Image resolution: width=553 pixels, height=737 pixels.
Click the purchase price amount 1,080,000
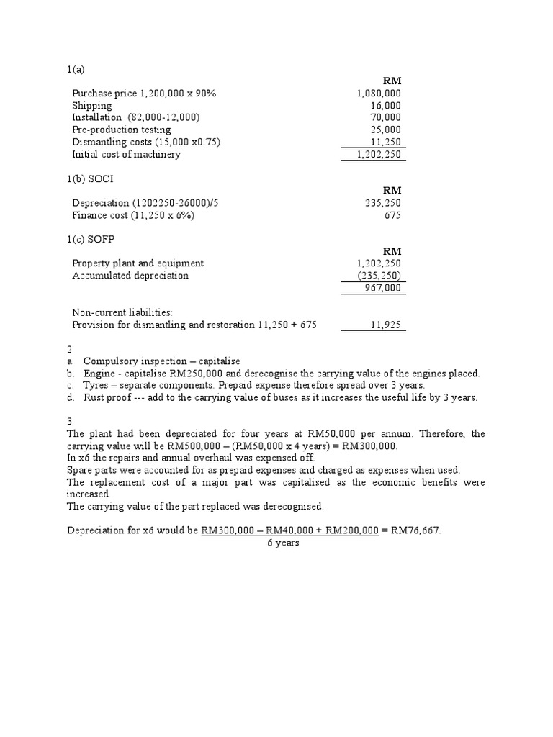point(379,94)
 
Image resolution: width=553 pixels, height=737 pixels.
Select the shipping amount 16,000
point(385,106)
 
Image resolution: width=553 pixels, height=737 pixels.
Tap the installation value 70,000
point(385,117)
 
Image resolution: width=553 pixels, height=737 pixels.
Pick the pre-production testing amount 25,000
point(385,130)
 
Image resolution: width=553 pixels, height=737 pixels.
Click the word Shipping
point(92,106)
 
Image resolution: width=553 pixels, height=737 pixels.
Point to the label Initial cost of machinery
point(126,154)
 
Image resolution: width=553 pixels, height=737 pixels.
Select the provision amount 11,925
point(385,325)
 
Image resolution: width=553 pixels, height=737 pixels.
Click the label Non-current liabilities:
point(122,312)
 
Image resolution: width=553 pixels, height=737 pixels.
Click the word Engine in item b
point(99,374)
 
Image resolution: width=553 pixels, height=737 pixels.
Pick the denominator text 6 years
point(283,543)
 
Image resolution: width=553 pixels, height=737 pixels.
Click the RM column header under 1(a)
point(392,81)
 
